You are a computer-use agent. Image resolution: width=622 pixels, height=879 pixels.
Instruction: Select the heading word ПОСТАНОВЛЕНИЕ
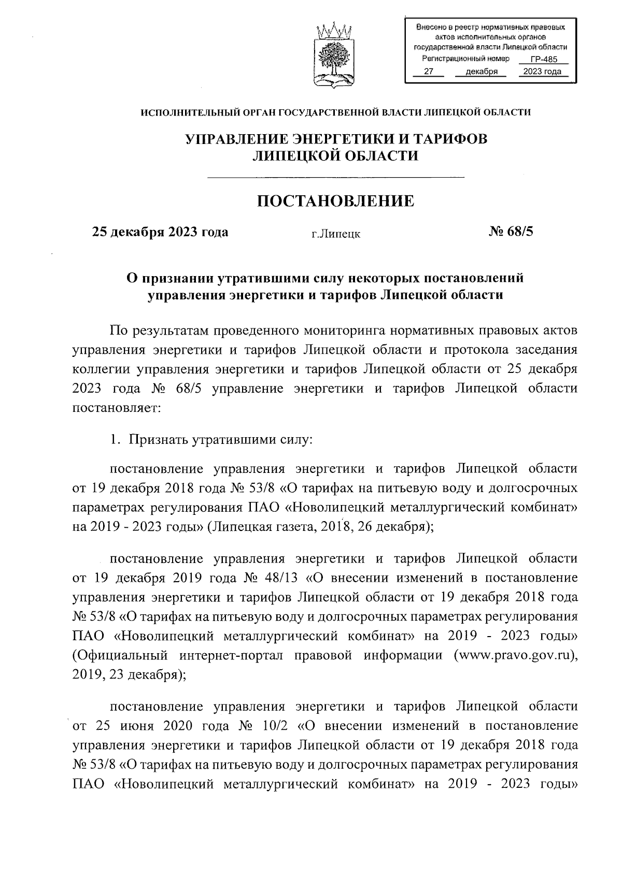point(336,201)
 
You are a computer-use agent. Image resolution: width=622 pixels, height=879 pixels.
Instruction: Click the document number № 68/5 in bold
point(511,232)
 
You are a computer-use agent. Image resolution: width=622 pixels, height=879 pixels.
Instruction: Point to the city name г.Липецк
point(335,234)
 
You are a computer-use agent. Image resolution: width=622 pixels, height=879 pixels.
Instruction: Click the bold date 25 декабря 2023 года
point(160,232)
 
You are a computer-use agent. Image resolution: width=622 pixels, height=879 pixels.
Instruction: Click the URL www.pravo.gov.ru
point(515,655)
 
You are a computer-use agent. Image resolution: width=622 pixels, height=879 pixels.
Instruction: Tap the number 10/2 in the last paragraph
point(275,725)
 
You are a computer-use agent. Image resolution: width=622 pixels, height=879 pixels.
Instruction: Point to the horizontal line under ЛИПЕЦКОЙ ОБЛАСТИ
point(335,178)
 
